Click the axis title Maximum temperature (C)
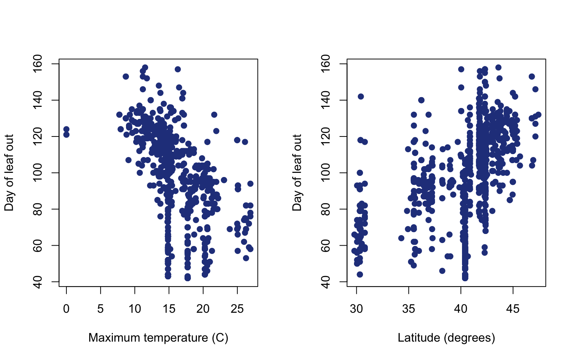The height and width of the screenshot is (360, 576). tap(158, 338)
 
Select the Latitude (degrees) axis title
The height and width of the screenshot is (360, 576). tap(446, 338)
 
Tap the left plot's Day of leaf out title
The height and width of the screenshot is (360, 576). tap(9, 172)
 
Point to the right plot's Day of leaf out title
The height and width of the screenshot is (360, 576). tap(297, 172)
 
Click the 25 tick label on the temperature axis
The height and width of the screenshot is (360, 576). tap(237, 309)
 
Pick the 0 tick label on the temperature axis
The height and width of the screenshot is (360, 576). tap(66, 309)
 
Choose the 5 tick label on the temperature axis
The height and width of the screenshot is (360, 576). tap(100, 309)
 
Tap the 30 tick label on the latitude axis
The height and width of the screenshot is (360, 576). tap(357, 309)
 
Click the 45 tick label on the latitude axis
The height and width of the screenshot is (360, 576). tap(513, 309)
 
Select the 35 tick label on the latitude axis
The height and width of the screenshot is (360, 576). tap(409, 309)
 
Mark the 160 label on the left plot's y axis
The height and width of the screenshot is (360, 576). tap(38, 64)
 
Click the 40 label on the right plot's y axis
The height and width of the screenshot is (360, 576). tap(326, 282)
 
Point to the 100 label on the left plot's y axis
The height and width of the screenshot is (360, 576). tap(38, 173)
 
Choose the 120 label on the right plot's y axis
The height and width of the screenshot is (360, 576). tap(326, 136)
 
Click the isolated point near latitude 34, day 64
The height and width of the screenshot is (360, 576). tap(401, 238)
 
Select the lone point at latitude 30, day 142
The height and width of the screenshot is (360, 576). tap(361, 96)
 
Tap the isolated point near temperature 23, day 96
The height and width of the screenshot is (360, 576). tap(224, 180)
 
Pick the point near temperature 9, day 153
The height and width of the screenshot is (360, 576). tap(126, 76)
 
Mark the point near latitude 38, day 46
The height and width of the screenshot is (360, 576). tap(442, 271)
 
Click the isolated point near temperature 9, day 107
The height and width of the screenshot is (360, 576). tap(128, 160)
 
